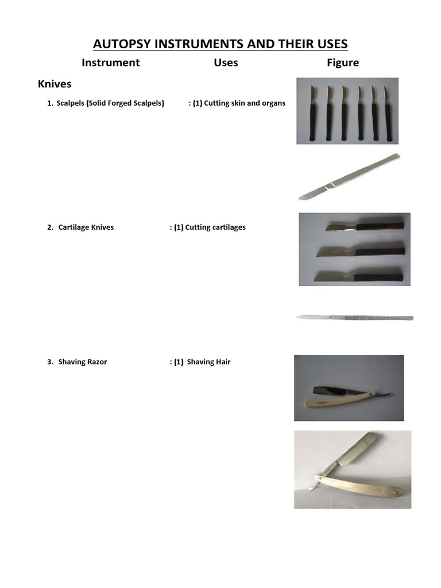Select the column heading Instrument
coord(110,63)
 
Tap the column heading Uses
coord(226,63)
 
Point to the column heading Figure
coord(343,63)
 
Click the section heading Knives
coord(55,84)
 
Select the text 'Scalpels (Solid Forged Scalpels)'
coord(110,103)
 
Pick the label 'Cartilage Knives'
coord(86,227)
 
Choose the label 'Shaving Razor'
coord(82,362)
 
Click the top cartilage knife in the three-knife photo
coord(367,226)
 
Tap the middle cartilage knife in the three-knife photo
coord(362,251)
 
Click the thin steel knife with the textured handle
coord(354,317)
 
